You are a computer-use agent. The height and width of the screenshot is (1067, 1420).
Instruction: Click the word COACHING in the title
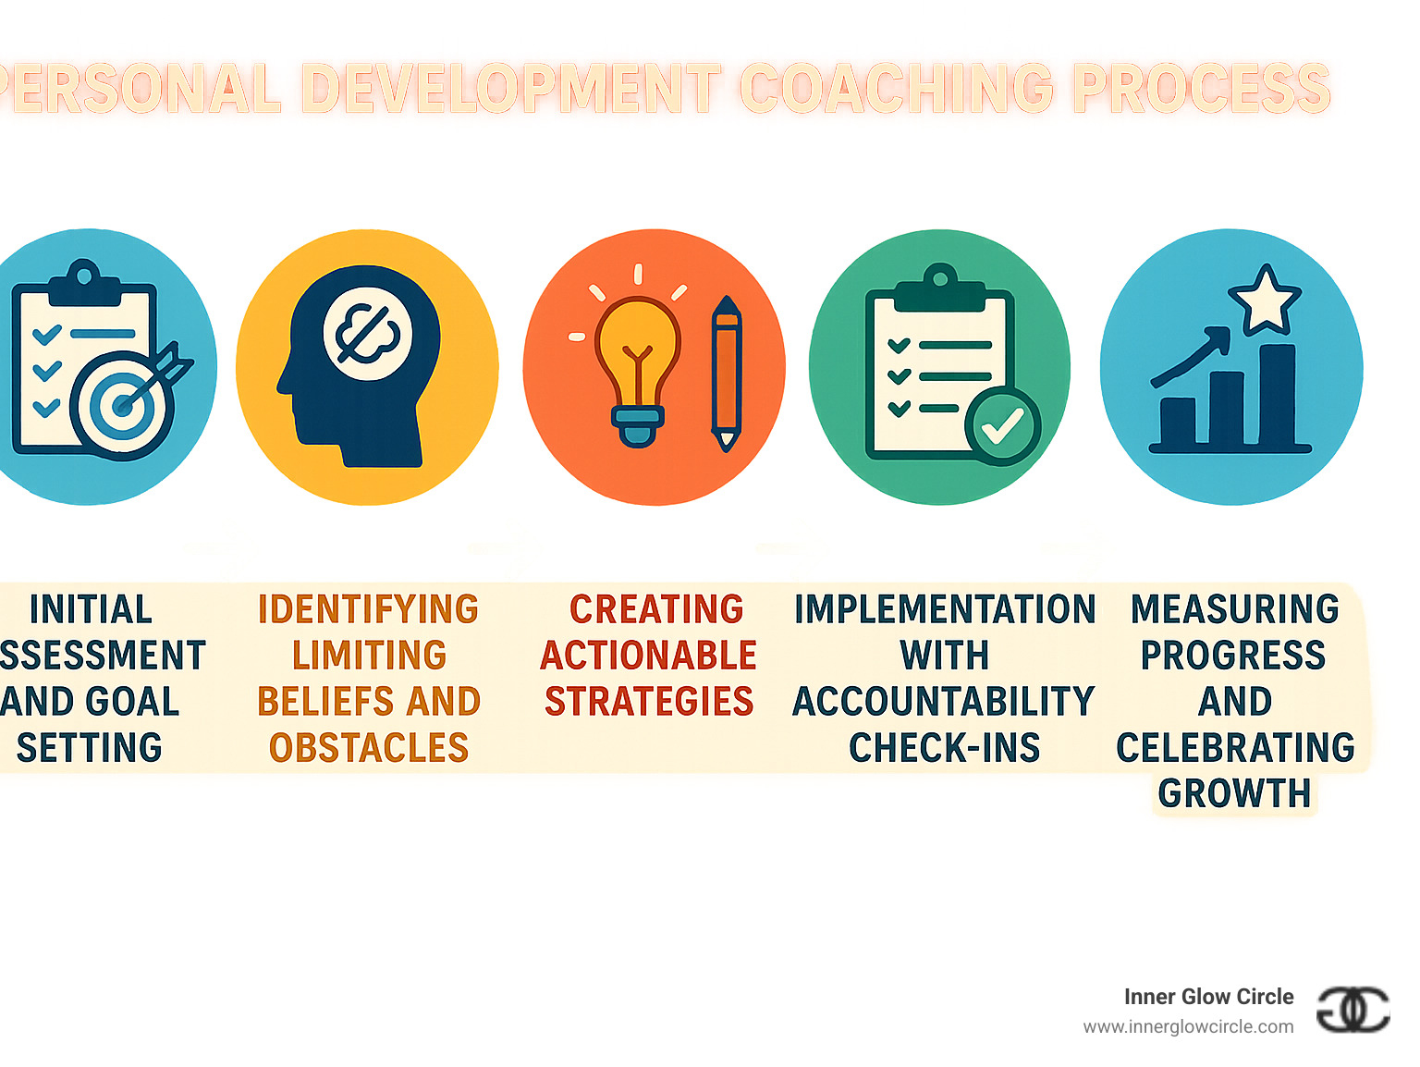pyautogui.click(x=896, y=89)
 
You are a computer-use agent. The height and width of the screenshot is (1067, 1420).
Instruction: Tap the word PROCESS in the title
pyautogui.click(x=1201, y=89)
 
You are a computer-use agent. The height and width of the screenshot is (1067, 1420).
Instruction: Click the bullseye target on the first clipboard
pyautogui.click(x=121, y=404)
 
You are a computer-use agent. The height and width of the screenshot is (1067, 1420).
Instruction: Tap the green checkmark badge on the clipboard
pyautogui.click(x=1002, y=426)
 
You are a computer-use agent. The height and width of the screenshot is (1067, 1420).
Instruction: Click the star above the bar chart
pyautogui.click(x=1264, y=300)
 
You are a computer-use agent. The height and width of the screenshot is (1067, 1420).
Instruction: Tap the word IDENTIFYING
pyautogui.click(x=368, y=610)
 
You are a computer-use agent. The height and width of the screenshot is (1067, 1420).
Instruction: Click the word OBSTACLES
pyautogui.click(x=368, y=748)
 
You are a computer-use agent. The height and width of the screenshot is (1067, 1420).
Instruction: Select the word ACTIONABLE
pyautogui.click(x=648, y=656)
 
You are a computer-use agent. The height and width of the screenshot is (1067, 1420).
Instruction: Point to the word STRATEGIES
pyautogui.click(x=648, y=702)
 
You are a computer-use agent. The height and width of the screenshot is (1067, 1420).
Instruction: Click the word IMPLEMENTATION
pyautogui.click(x=944, y=610)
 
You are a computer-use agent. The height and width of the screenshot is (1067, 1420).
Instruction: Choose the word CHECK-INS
pyautogui.click(x=944, y=748)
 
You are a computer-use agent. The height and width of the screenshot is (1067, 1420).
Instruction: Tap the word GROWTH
pyautogui.click(x=1234, y=793)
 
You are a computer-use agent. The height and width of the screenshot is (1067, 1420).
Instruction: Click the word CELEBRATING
pyautogui.click(x=1234, y=748)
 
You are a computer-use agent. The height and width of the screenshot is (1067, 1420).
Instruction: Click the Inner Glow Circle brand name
pyautogui.click(x=1208, y=997)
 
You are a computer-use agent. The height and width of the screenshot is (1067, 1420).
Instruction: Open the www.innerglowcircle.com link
pyautogui.click(x=1188, y=1027)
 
